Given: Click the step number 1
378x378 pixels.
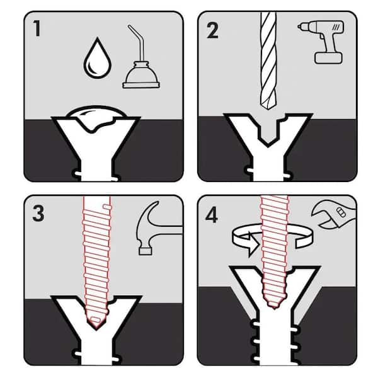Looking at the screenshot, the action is click(37, 28).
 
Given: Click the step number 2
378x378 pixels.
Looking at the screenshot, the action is click(212, 30).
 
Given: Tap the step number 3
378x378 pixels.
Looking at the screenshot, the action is click(38, 214).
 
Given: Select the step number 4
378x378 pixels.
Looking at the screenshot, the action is click(212, 215).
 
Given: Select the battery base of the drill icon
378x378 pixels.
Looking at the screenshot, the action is click(328, 58).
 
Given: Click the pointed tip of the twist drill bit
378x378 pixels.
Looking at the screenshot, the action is click(268, 110).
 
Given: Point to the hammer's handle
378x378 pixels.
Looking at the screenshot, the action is click(169, 230).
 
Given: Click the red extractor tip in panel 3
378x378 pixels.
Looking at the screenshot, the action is click(96, 323).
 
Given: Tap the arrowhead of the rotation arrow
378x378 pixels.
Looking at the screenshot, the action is click(253, 246).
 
